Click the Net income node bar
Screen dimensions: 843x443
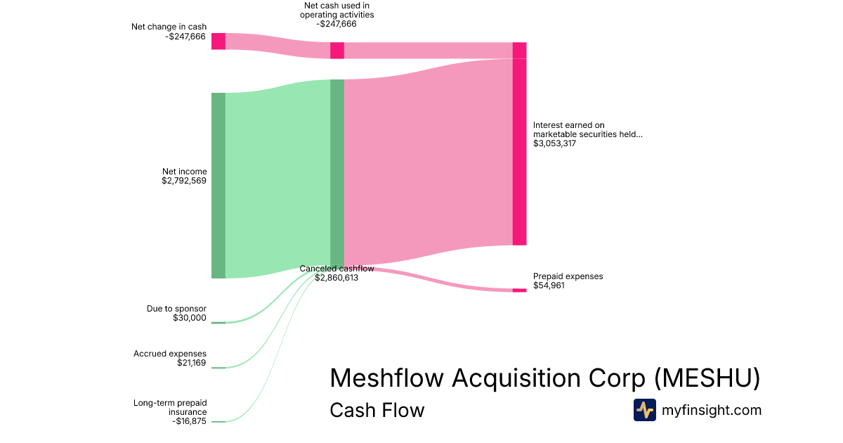coord(218,186)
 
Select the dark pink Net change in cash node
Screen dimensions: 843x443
coord(218,41)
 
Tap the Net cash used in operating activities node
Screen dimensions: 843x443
coord(337,51)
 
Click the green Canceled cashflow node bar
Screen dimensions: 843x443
coord(337,172)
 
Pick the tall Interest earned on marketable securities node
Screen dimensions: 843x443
coord(519,144)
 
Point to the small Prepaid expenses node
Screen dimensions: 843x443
coord(519,290)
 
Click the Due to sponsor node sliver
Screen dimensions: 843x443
coord(218,323)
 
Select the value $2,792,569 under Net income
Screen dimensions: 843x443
coord(184,181)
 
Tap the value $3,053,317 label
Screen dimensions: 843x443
coord(554,143)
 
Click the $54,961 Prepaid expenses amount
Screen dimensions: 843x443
coord(549,285)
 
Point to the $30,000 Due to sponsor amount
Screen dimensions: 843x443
coord(190,318)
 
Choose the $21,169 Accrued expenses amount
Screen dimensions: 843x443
coord(192,363)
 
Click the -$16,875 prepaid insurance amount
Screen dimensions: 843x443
coord(189,421)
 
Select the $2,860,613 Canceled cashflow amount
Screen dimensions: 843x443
coord(336,278)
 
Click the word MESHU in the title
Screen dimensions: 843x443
coord(707,378)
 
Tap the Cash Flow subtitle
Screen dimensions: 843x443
coord(377,410)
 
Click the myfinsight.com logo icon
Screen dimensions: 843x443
coord(645,410)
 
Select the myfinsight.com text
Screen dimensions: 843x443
coord(712,410)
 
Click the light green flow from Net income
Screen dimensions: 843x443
coord(277,179)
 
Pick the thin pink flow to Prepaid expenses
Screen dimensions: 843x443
coord(429,279)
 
